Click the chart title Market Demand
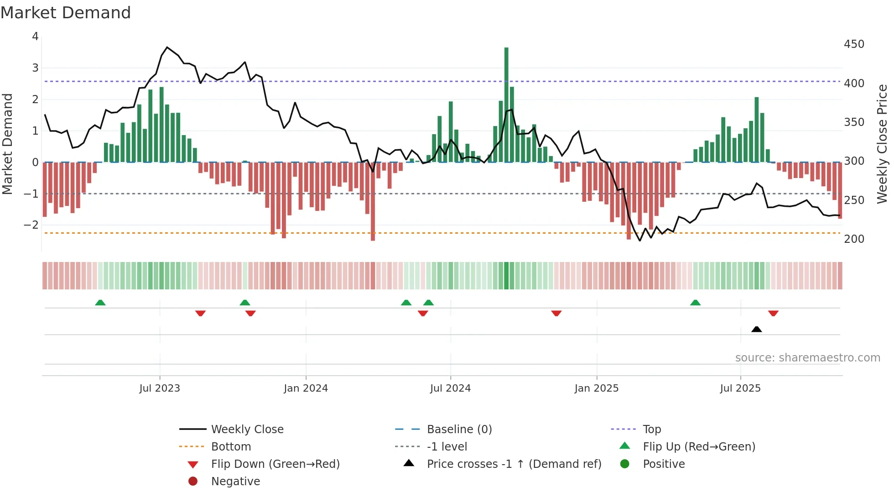tap(66, 13)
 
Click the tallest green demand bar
tap(506, 105)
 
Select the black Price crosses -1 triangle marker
tap(756, 329)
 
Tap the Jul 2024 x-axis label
tap(450, 388)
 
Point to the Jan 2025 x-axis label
tap(596, 388)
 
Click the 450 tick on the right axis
tap(854, 44)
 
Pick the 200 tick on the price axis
tap(854, 239)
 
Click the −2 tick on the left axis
tap(31, 225)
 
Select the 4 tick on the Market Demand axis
tap(35, 37)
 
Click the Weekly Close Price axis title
tap(882, 144)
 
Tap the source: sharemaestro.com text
tap(807, 358)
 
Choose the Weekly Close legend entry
tap(247, 430)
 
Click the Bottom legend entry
tap(231, 447)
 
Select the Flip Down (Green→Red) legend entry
tap(275, 464)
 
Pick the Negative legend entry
tap(235, 482)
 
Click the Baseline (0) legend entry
tap(459, 430)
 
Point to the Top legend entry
tap(652, 430)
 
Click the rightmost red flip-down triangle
tap(773, 313)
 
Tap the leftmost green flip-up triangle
tap(100, 303)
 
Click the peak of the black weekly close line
tap(167, 47)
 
